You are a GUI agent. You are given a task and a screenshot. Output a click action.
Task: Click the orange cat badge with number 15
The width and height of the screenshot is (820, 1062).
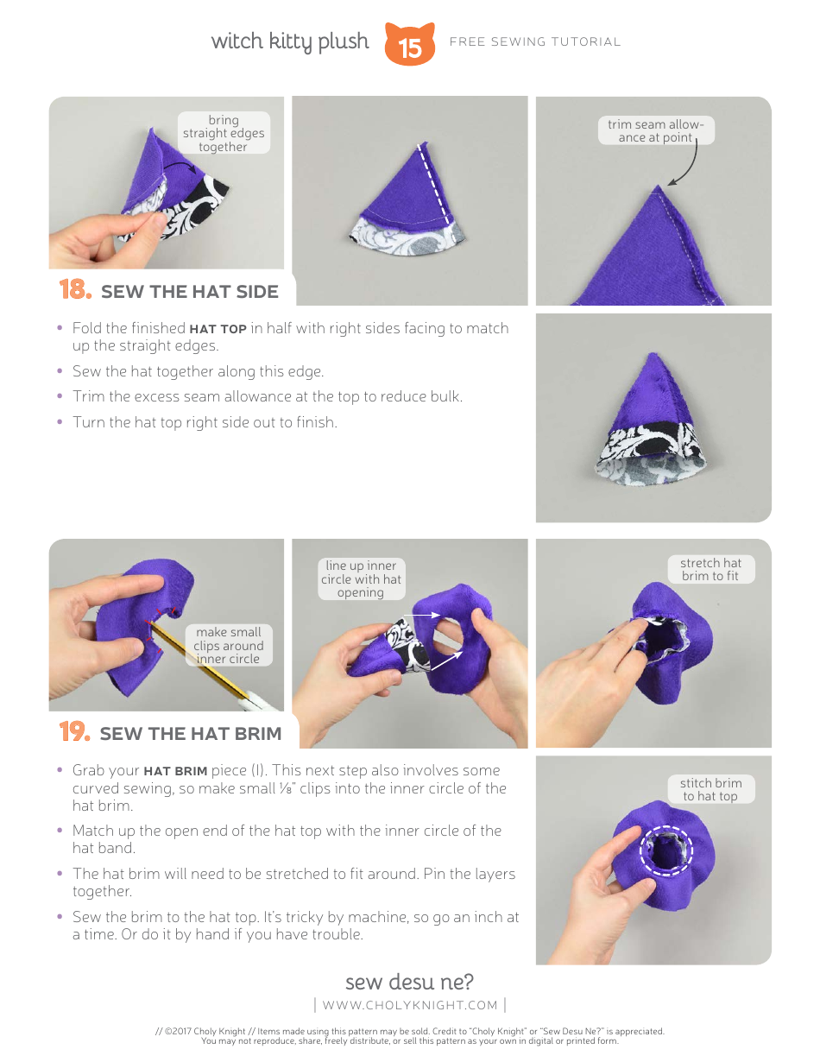(410, 45)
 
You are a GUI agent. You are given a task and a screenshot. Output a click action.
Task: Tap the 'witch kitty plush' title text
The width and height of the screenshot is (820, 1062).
(290, 41)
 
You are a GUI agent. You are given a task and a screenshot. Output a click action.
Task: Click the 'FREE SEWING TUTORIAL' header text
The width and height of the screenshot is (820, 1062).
(535, 41)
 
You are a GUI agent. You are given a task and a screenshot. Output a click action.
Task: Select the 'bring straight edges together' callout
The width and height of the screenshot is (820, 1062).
(224, 134)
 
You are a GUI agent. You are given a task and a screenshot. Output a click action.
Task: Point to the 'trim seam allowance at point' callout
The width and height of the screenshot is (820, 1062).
(655, 131)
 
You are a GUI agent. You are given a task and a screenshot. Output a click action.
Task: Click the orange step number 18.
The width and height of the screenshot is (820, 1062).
(75, 290)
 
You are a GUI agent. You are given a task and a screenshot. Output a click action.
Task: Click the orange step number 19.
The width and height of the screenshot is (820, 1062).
(75, 732)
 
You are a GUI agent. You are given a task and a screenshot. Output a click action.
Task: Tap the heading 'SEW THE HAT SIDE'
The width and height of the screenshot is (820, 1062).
(190, 292)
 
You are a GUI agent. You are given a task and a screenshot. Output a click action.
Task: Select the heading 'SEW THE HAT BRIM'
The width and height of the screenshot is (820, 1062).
(191, 734)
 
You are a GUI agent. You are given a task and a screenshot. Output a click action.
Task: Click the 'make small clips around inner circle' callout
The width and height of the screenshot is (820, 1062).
(228, 645)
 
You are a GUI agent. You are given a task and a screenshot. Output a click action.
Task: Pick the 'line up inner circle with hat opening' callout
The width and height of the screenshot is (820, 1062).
(361, 579)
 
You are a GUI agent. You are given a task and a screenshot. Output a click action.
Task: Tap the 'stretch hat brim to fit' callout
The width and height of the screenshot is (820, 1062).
(710, 569)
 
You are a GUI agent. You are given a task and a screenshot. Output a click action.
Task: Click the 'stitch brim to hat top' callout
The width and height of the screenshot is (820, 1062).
(710, 789)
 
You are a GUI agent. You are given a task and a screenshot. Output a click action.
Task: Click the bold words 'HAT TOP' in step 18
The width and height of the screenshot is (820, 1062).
(218, 329)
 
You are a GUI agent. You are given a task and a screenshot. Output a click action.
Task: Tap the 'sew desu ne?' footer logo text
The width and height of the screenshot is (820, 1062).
(409, 982)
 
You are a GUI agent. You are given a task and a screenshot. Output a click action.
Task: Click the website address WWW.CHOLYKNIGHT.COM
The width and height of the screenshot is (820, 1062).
(410, 1005)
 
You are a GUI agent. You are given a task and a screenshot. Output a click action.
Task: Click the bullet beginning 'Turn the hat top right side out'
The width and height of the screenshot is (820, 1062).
(205, 422)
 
